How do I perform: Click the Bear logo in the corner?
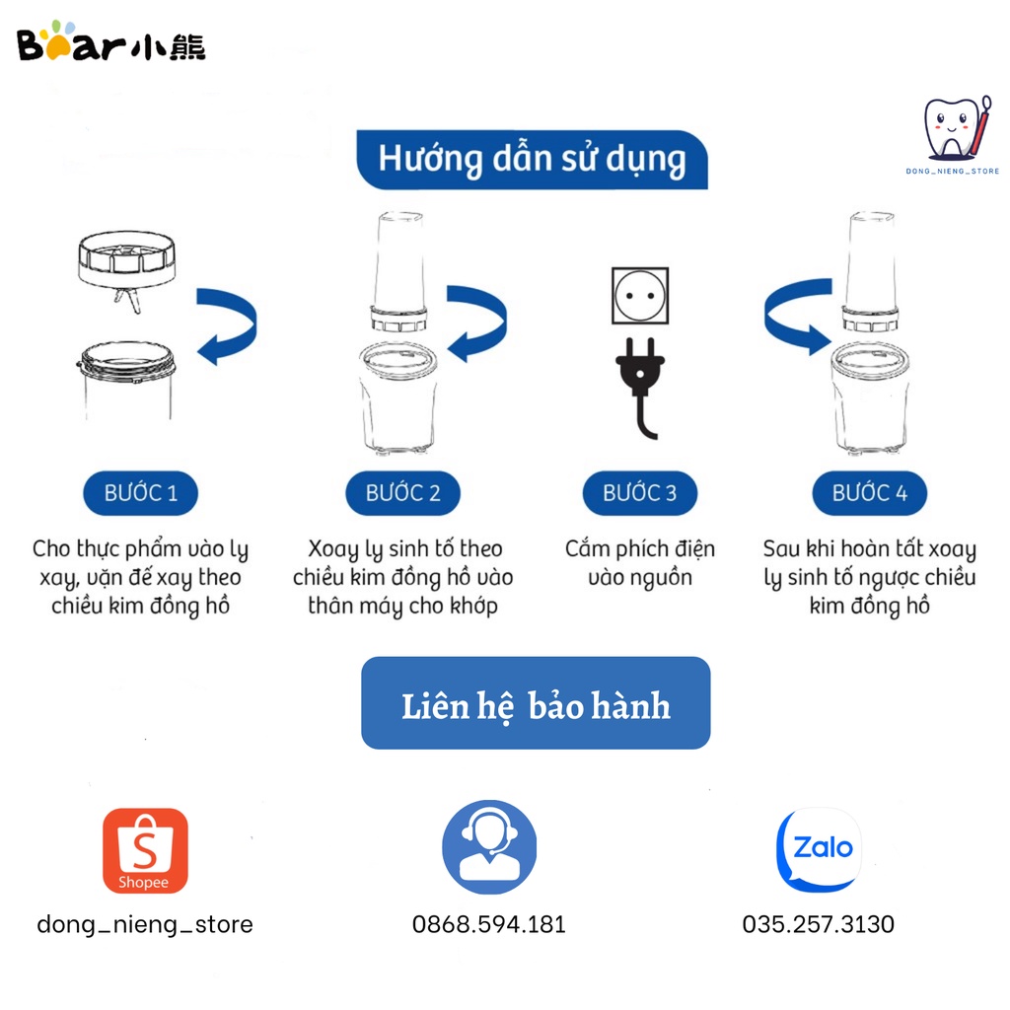coord(111,42)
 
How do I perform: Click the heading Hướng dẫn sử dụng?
coord(532,159)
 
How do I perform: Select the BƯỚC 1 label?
coord(141,493)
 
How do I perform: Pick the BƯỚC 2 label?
coord(402,493)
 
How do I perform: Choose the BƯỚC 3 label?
coord(639,493)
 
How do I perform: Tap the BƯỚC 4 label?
coord(869,493)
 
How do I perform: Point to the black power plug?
coord(641,380)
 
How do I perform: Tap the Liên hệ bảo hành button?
coord(536,703)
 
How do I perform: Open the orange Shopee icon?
coord(144,850)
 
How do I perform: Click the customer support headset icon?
coord(489,847)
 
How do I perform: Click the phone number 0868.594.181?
coord(489,924)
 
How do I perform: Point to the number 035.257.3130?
coord(818,924)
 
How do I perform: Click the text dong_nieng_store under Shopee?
coord(145,924)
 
